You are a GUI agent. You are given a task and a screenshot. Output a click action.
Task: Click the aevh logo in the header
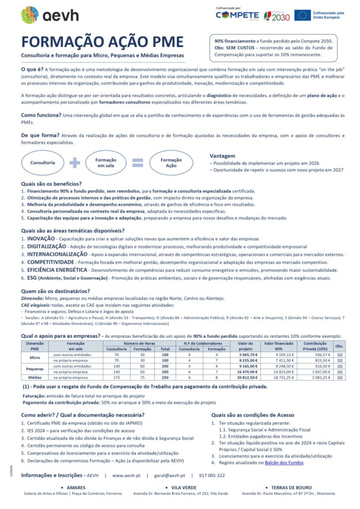50,14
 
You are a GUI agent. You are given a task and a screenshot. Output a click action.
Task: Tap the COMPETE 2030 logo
237,15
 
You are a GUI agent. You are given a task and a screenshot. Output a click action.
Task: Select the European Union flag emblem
302,15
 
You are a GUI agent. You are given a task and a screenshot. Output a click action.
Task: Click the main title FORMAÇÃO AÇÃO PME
102,42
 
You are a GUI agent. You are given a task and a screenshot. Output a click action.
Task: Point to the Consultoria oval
42,163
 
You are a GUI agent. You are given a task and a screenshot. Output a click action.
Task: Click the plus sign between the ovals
75,163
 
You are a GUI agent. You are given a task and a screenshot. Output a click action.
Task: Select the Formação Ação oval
171,163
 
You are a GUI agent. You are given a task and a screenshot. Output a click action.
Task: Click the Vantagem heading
222,156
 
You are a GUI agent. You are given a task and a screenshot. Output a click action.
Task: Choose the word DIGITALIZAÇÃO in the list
46,247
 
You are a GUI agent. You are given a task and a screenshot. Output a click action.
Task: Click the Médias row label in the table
34,378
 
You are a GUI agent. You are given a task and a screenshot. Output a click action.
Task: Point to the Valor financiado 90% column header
279,346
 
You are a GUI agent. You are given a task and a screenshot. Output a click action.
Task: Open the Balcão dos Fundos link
283,462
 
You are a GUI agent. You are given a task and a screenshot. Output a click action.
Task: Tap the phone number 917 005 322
211,476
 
